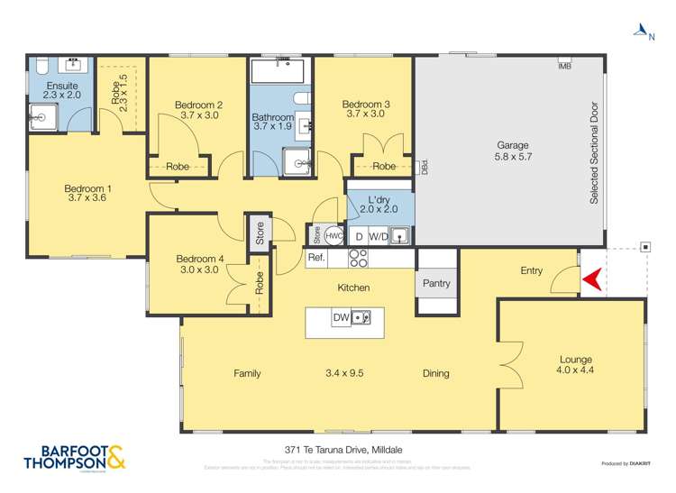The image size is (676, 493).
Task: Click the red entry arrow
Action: tap(591, 281)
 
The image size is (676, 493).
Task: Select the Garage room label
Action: tap(513, 145)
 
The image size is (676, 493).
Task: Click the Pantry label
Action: tap(436, 284)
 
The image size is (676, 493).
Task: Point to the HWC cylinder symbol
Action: tap(333, 235)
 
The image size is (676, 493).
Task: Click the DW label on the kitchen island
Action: tap(341, 317)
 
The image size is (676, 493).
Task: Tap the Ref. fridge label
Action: tap(316, 258)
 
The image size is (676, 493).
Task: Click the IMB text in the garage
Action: tap(565, 67)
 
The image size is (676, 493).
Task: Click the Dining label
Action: tap(435, 373)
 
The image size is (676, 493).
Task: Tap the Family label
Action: tap(247, 373)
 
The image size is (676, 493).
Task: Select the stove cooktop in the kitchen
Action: tap(358, 259)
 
